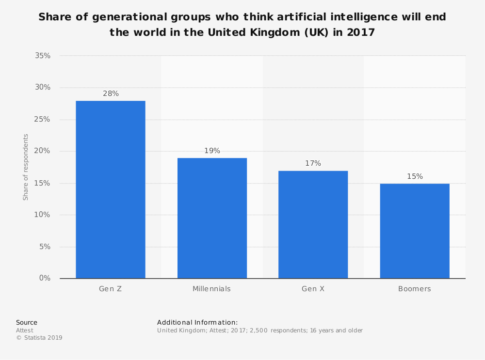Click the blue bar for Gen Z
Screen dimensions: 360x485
pos(111,189)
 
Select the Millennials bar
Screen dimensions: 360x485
pos(212,218)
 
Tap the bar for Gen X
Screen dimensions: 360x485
pos(313,224)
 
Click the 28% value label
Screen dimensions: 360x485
pos(111,94)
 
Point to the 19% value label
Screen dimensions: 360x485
pos(212,151)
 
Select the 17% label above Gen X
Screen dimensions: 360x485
pos(313,163)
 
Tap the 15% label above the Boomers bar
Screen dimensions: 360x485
pos(415,176)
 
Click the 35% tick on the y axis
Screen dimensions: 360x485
pos(43,56)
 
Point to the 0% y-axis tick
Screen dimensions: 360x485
pos(45,278)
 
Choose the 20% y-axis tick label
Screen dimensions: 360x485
pos(43,151)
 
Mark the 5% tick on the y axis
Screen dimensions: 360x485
pos(45,247)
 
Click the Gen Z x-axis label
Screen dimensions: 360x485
pos(111,289)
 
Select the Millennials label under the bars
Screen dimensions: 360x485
pos(211,289)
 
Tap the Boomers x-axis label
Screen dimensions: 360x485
pos(415,289)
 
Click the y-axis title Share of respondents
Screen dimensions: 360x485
pos(26,167)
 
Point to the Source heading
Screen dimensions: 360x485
pos(27,322)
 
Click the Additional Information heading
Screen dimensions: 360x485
pos(197,322)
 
